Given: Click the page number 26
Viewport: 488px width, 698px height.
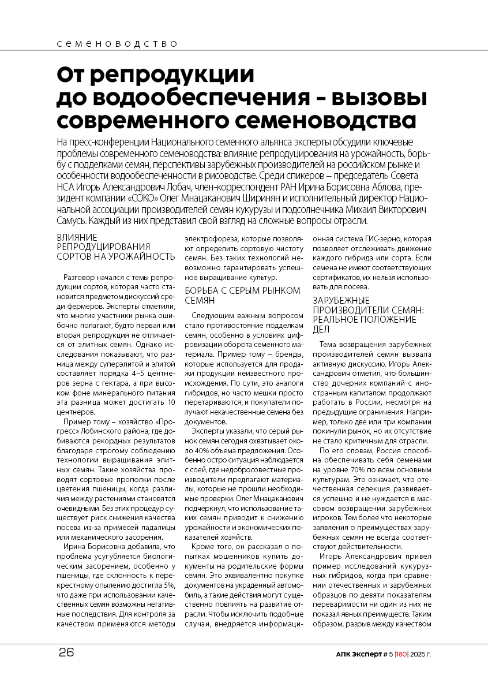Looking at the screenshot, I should click(66, 653).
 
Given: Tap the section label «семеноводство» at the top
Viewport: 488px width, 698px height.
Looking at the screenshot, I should click(118, 43).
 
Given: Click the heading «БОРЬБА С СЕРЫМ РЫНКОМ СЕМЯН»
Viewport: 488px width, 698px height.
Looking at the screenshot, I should click(242, 295).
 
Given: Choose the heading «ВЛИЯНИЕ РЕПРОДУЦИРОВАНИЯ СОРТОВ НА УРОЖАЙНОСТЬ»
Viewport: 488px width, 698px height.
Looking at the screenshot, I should click(115, 247).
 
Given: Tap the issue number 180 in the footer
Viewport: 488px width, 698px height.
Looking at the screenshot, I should click(401, 654).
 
